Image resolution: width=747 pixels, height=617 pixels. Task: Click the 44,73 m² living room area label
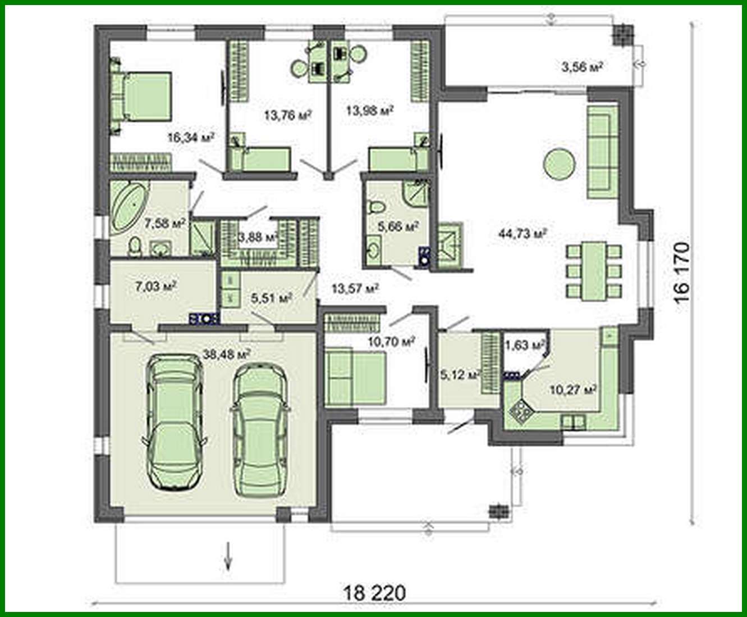point(523,233)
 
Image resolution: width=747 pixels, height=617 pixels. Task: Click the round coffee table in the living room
point(558,164)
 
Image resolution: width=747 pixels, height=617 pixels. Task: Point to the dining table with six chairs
point(594,271)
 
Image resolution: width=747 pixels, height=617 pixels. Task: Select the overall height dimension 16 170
point(681,273)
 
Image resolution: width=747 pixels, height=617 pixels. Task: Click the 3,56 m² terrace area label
point(582,67)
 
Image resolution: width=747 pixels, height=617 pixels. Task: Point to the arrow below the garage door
point(228,556)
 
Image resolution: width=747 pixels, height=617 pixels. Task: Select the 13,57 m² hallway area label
point(355,289)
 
